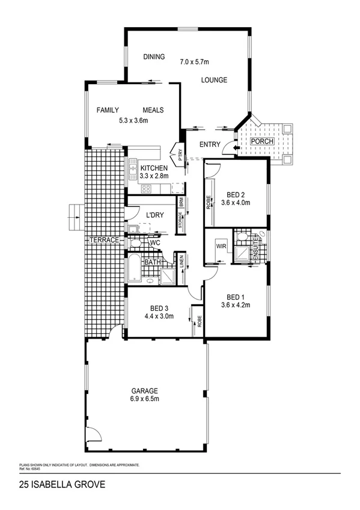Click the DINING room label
[154, 57]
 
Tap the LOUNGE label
[214, 79]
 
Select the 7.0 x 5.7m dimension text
[197, 61]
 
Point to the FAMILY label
[108, 110]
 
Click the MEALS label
[153, 110]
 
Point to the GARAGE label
[145, 390]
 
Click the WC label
[154, 242]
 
